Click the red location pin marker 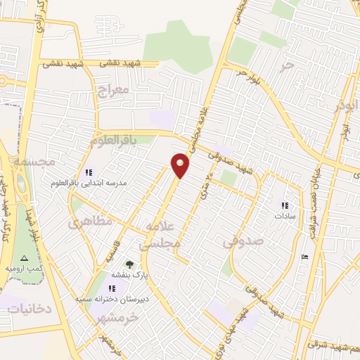[181, 165]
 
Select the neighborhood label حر [285, 65]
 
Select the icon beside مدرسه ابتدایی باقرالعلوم [89, 172]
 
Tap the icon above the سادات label [284, 205]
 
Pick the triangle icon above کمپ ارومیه [25, 259]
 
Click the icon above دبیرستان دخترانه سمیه [112, 288]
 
